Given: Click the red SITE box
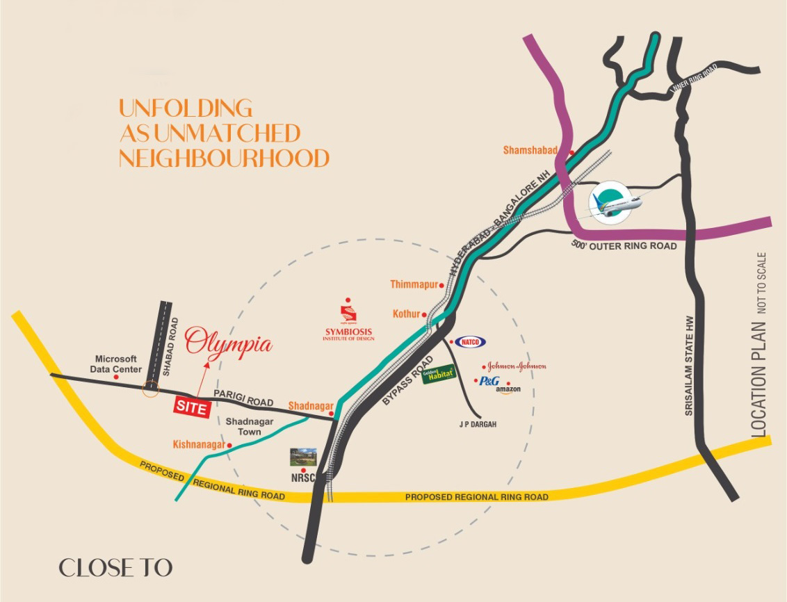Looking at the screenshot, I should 191,408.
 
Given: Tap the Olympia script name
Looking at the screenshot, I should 229,343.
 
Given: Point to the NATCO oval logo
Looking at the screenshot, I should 470,342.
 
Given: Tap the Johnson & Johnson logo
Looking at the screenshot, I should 516,366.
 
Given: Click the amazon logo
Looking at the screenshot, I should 508,389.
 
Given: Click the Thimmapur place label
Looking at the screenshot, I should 413,284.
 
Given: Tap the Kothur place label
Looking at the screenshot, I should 407,314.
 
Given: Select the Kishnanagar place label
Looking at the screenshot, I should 199,444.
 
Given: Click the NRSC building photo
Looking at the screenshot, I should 303,457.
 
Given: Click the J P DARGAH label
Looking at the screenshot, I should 480,423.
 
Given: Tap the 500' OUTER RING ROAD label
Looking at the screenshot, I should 624,245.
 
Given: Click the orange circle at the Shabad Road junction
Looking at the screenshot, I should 149,389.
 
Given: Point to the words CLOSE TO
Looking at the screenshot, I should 115,568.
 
